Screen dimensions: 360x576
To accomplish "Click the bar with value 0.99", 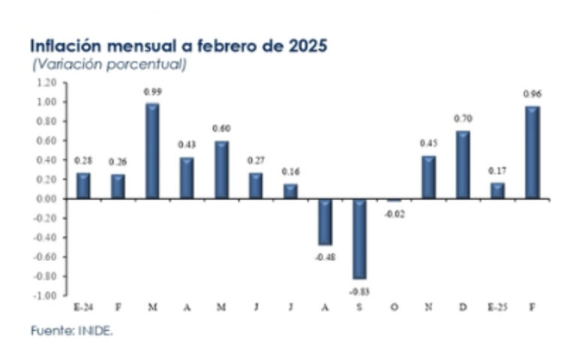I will click(x=152, y=151).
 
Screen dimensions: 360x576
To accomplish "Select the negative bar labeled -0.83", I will click(x=360, y=238).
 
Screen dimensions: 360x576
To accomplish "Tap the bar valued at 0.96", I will click(x=532, y=152).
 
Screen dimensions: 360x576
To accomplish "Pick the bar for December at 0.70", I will click(x=463, y=164).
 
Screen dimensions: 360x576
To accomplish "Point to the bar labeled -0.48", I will click(x=325, y=222).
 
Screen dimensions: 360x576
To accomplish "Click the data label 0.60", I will click(x=221, y=128).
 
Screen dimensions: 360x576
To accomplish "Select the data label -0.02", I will click(x=394, y=214).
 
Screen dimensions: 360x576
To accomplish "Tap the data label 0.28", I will click(x=83, y=160).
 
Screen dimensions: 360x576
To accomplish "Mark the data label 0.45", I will click(x=429, y=144).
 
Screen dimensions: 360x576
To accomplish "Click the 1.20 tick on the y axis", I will click(x=46, y=82).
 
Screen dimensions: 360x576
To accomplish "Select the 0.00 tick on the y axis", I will click(x=46, y=199).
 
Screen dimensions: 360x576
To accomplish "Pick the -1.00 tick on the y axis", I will click(x=45, y=295).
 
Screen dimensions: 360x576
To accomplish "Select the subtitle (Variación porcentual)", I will click(x=109, y=64).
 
